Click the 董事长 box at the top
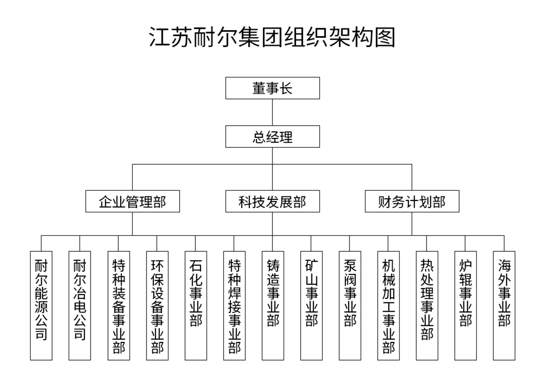coord(272,88)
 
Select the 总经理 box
coord(272,136)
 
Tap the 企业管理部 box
coord(132,201)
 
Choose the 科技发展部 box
coord(272,201)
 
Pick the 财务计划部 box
coord(412,201)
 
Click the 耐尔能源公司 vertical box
coord(41,305)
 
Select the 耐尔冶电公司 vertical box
coord(80,305)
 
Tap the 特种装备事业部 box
coord(119,305)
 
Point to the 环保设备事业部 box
coord(157,305)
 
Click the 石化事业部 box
coord(196,305)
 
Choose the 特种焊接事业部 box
coord(234,305)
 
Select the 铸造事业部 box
coord(273,305)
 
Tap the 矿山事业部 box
coord(311,305)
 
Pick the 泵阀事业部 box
coord(350,305)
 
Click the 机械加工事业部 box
coord(389,305)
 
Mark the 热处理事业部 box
coord(427,305)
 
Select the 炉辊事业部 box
coord(466,305)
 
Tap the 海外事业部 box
coord(504,305)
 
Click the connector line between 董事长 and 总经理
coord(272,112)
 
